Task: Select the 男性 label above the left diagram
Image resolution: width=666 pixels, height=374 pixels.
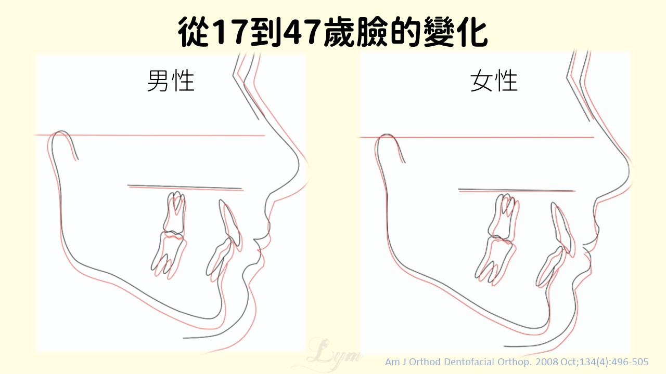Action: [171, 81]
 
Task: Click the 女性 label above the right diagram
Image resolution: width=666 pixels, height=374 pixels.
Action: [494, 81]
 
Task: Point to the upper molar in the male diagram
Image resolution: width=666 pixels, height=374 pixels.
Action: [175, 213]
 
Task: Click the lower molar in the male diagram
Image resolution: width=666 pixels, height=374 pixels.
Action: [169, 255]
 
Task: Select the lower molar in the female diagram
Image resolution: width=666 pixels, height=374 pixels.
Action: [495, 261]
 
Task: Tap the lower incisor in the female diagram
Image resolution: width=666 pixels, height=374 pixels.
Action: [550, 267]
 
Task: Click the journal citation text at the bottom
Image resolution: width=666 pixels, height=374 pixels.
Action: [517, 362]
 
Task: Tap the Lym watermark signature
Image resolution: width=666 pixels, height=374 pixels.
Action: [331, 355]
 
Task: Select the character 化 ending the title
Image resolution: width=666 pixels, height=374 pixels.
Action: [472, 31]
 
